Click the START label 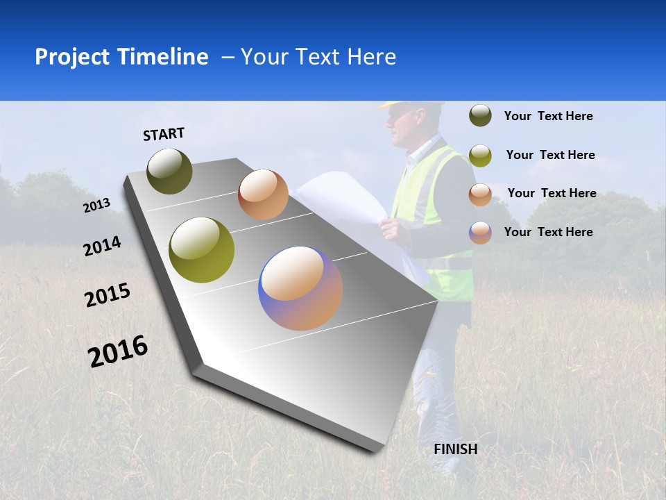[164, 134]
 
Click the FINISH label [456, 449]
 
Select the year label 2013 [96, 206]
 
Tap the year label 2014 [102, 247]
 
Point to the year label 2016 [118, 351]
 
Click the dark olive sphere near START [170, 171]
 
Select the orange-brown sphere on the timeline [263, 194]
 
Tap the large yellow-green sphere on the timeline [202, 250]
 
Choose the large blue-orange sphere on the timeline [300, 288]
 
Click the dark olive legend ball [480, 115]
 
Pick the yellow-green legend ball [480, 156]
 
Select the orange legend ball [480, 194]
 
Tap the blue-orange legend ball [480, 233]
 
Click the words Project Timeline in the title [121, 57]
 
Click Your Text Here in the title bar [318, 57]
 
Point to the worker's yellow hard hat [412, 106]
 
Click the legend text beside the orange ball [552, 193]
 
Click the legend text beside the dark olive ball [548, 116]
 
